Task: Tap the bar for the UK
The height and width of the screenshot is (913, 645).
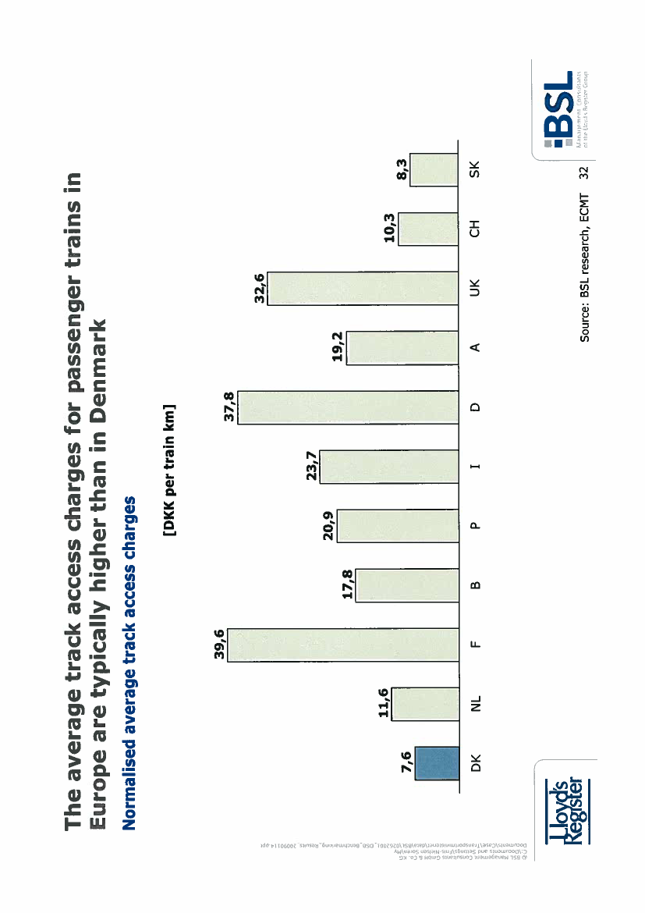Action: pyautogui.click(x=363, y=288)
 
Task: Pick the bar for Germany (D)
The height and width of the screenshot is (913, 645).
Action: pyautogui.click(x=348, y=407)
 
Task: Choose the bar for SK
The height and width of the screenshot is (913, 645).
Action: pyautogui.click(x=434, y=169)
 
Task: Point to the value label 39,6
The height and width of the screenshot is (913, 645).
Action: pyautogui.click(x=219, y=645)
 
